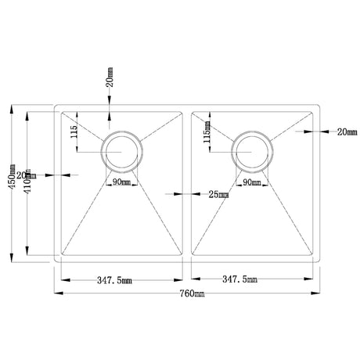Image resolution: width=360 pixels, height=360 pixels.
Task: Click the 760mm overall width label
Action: (x=191, y=293)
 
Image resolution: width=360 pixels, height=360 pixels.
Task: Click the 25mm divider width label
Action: (x=220, y=194)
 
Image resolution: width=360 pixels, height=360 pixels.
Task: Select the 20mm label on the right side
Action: (x=345, y=132)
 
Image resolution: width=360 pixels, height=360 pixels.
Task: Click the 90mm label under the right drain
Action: (x=251, y=183)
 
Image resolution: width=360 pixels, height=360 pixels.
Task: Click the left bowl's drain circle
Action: (x=123, y=150)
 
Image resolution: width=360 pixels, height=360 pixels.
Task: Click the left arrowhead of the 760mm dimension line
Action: (x=57, y=293)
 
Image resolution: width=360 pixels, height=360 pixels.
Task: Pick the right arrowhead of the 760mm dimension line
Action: (x=319, y=293)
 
